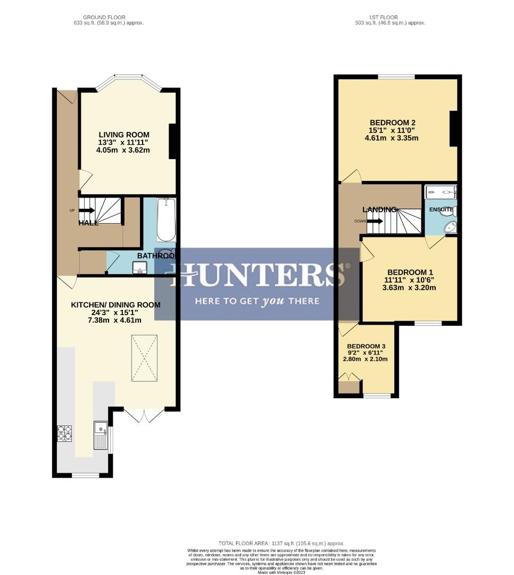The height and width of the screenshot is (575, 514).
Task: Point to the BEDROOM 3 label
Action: coord(366,346)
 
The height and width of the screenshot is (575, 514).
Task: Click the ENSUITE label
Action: coord(441,210)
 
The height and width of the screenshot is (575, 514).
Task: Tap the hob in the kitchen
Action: coord(64,433)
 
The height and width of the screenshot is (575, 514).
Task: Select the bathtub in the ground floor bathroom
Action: coord(166,220)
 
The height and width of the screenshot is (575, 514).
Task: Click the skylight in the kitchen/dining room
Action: coord(144,358)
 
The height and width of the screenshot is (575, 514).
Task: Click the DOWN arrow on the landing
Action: coord(374,221)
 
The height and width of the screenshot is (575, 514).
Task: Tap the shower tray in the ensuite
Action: coord(441,192)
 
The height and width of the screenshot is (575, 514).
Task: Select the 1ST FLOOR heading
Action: coord(389,18)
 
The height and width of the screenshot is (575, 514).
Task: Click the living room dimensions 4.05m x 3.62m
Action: coord(123,150)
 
